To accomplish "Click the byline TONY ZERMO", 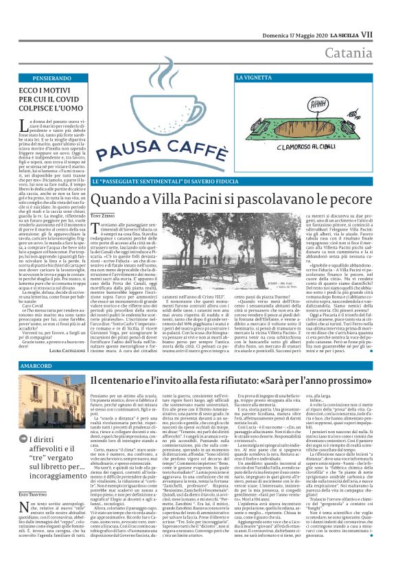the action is click(104, 217).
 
